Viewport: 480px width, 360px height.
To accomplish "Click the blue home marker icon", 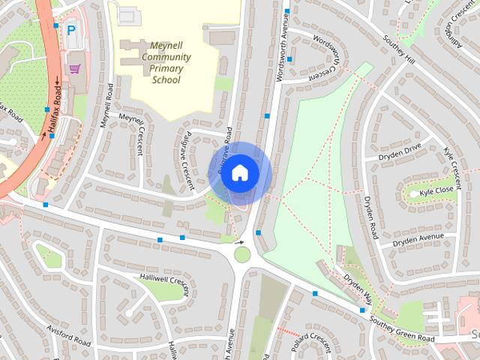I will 239,172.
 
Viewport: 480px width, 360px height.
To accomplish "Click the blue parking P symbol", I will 71,31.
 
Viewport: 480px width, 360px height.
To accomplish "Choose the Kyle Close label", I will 436,191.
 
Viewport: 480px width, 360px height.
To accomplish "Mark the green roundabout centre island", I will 242,254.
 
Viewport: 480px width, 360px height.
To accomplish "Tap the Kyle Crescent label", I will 452,166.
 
